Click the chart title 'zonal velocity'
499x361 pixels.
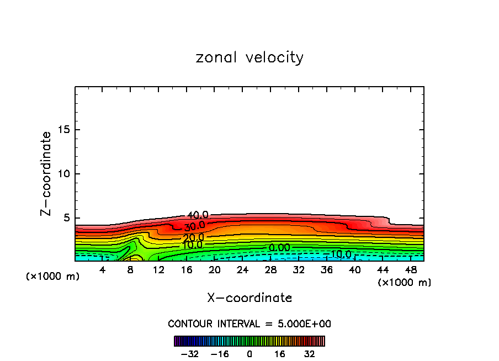coord(250,57)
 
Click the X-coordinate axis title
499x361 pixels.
coord(250,298)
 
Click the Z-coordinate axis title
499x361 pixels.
coord(47,173)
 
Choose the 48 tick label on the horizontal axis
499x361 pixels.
coord(411,270)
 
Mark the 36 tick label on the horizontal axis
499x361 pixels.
coord(327,270)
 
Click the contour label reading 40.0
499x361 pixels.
coord(198,215)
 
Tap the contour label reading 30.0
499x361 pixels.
coord(194,226)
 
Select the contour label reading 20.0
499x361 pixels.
coord(193,237)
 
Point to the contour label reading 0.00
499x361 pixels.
coord(279,248)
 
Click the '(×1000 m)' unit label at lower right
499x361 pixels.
coord(404,283)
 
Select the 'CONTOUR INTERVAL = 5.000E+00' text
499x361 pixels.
coord(250,323)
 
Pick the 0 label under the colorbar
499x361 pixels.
coord(250,354)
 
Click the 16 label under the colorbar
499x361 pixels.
coord(280,354)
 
